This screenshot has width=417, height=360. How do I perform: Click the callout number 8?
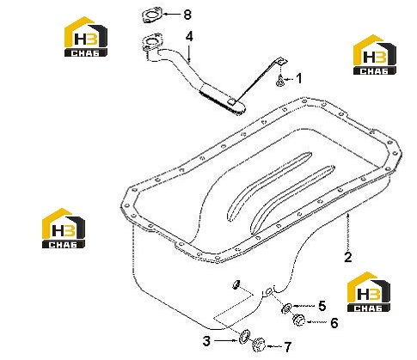click(x=187, y=15)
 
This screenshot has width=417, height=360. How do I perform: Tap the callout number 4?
click(x=189, y=37)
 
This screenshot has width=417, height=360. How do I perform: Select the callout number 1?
click(x=299, y=78)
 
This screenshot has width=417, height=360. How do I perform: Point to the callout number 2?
click(x=347, y=257)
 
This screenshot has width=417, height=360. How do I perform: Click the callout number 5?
click(x=322, y=306)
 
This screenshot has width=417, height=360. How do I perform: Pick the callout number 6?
click(x=334, y=323)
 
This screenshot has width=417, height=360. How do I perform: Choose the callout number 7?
click(x=288, y=347)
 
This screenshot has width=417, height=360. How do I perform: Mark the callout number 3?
click(x=206, y=341)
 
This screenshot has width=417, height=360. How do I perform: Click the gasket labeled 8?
click(x=152, y=15)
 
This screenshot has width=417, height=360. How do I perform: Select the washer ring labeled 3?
click(x=244, y=337)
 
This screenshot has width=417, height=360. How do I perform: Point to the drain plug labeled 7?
click(x=259, y=345)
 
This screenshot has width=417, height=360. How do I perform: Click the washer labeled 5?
click(x=286, y=308)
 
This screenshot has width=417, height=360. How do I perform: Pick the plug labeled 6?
click(x=299, y=320)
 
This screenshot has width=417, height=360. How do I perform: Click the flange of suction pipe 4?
click(x=152, y=43)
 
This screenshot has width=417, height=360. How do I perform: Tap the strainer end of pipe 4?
click(x=222, y=101)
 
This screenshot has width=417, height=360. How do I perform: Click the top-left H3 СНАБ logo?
click(x=86, y=36)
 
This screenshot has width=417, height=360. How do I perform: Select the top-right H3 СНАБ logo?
click(x=375, y=55)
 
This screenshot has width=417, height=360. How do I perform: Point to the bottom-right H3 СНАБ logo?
click(x=369, y=292)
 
